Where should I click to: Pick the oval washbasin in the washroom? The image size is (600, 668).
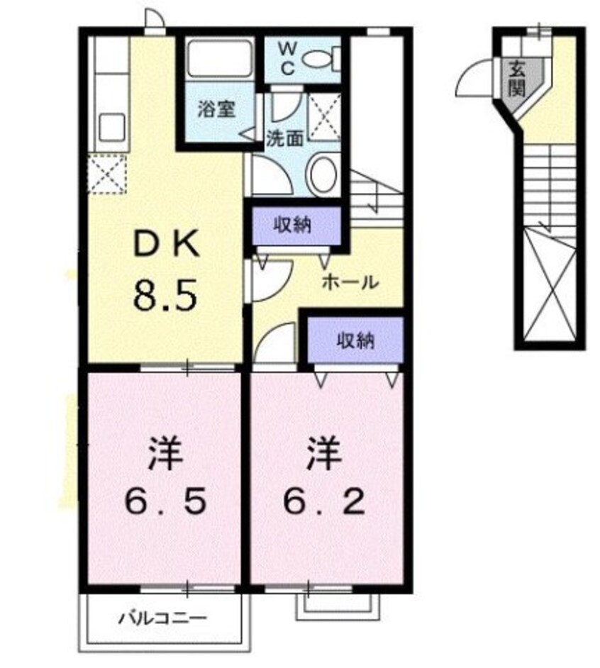tap(323, 174)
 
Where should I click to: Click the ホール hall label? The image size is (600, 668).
tap(349, 282)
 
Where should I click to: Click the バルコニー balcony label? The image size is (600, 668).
tap(162, 618)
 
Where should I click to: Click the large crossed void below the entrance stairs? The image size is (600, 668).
tap(550, 287)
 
